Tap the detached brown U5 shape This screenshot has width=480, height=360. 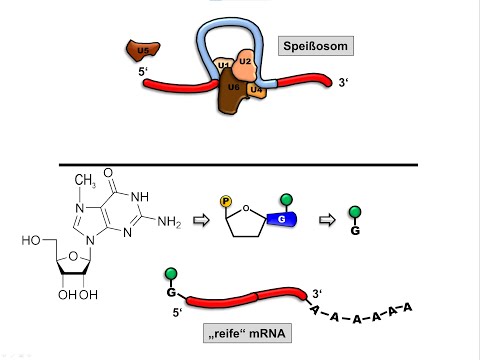142,49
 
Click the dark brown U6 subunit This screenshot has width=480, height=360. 232,88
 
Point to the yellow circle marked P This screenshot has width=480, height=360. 226,200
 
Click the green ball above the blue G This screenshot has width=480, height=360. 286,199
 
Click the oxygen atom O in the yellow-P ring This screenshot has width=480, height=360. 256,209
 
